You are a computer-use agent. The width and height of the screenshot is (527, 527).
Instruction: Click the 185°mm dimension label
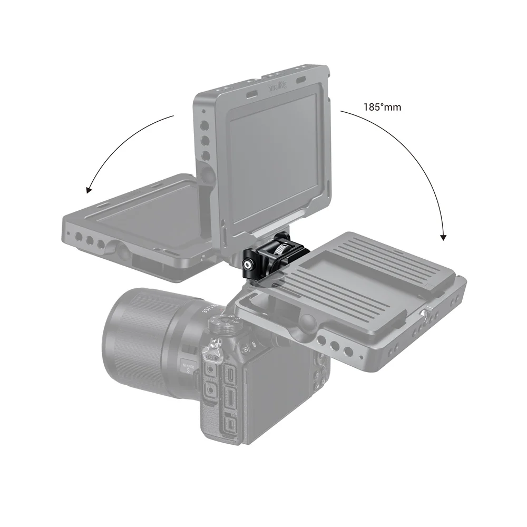tap(382, 107)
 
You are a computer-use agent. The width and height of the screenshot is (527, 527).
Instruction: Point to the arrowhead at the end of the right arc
tap(443, 237)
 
